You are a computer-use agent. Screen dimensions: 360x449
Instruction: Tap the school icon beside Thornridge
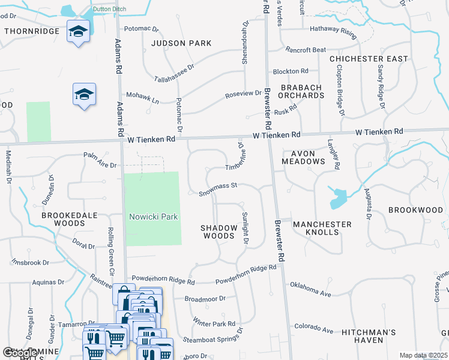coord(78,31)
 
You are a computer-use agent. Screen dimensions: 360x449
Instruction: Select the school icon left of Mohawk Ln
coord(85,94)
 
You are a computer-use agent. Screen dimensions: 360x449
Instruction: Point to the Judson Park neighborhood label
coord(181,43)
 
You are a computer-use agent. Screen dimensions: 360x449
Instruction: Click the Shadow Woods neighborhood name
coord(217,232)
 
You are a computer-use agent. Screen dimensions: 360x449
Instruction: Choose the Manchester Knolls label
coord(322,228)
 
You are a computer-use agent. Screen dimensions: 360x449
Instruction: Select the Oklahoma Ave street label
coord(310,289)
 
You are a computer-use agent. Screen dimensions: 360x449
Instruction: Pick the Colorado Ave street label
coord(313,329)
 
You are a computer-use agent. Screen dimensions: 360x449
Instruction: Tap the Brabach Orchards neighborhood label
coord(301,91)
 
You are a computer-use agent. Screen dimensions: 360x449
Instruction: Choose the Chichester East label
coord(369,59)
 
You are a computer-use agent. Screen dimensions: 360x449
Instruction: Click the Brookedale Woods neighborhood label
coord(63,218)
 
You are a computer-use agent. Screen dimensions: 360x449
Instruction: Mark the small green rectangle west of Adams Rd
coord(38,122)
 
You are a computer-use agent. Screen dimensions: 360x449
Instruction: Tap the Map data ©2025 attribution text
coord(423,355)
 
